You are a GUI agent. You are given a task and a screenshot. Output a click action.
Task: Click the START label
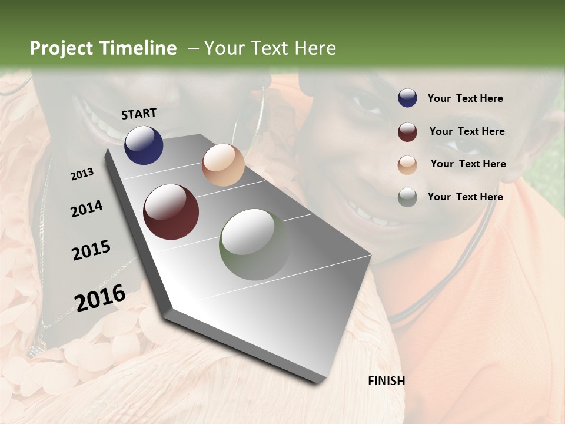[x=139, y=114]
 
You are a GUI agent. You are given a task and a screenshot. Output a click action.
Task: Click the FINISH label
[x=387, y=381]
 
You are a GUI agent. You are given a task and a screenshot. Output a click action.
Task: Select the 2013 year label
[x=82, y=174]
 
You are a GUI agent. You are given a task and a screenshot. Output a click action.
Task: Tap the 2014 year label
[x=87, y=209]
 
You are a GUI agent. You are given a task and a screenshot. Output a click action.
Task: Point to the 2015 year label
[x=91, y=250]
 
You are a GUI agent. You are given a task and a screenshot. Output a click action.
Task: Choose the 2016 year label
[x=100, y=297]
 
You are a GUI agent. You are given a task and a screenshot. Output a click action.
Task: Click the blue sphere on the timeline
[x=144, y=145]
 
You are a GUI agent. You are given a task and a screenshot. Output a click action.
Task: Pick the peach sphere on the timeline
[x=223, y=165]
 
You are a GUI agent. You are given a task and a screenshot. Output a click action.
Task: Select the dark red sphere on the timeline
[x=171, y=212]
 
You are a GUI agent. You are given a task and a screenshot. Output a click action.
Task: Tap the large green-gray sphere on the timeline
[x=255, y=244]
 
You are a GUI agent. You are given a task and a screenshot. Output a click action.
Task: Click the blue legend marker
[x=407, y=98]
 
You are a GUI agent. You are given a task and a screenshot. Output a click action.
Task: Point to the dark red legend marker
[x=407, y=132]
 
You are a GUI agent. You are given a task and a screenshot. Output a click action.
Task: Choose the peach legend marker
[x=407, y=165]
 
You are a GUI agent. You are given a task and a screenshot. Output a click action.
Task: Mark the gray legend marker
[x=407, y=197]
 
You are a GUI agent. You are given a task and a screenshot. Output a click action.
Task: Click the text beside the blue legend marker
[x=465, y=98]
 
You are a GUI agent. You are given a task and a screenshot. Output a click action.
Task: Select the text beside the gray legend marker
[x=465, y=197]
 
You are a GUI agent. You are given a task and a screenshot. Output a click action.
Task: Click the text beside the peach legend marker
[x=468, y=164]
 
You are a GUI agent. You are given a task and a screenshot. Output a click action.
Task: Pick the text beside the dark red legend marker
[x=467, y=131]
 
